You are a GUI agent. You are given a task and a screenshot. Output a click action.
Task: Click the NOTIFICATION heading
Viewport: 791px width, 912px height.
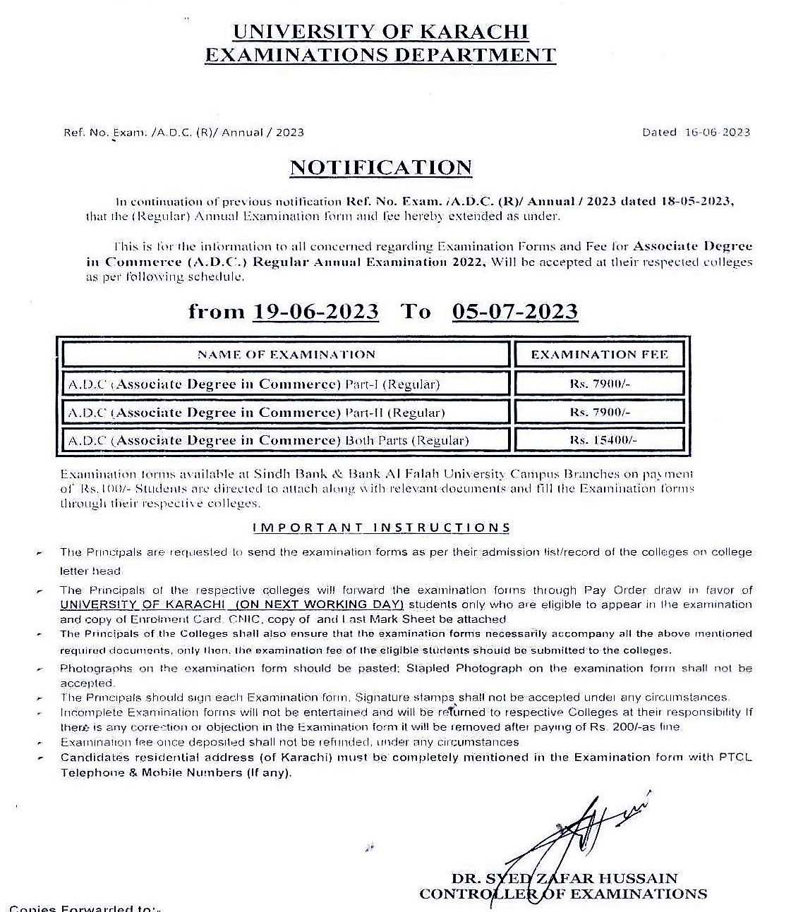coord(380,168)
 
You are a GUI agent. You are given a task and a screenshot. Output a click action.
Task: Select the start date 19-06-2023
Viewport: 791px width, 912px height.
coord(315,312)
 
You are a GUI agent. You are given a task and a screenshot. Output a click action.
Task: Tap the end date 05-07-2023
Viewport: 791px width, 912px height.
coord(514,312)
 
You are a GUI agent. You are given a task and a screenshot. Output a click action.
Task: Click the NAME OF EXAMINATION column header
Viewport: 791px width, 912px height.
coord(286,354)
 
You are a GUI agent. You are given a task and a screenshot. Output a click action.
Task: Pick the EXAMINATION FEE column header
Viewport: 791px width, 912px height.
coord(599,354)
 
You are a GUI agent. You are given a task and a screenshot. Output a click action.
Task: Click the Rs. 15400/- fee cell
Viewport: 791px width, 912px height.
coord(599,439)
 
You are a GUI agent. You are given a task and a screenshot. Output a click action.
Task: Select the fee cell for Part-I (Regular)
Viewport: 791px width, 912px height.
coord(599,384)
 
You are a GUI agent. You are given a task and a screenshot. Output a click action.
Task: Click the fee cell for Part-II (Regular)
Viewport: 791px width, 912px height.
coord(599,412)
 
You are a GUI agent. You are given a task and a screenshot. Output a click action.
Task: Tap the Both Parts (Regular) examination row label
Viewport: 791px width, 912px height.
coord(268,441)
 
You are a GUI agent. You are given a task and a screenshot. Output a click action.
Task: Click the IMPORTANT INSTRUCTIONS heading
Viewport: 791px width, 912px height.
coord(381,528)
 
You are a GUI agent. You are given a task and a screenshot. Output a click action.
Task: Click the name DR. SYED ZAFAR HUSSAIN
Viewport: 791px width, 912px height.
coord(564,879)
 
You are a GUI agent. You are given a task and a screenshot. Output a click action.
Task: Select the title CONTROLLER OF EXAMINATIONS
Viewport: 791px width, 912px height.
coord(562,894)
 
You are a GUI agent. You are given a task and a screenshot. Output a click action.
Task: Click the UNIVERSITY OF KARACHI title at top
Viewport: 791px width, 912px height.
coord(380,32)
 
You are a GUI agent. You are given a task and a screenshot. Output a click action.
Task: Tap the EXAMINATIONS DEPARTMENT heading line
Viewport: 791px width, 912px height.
coord(380,55)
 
